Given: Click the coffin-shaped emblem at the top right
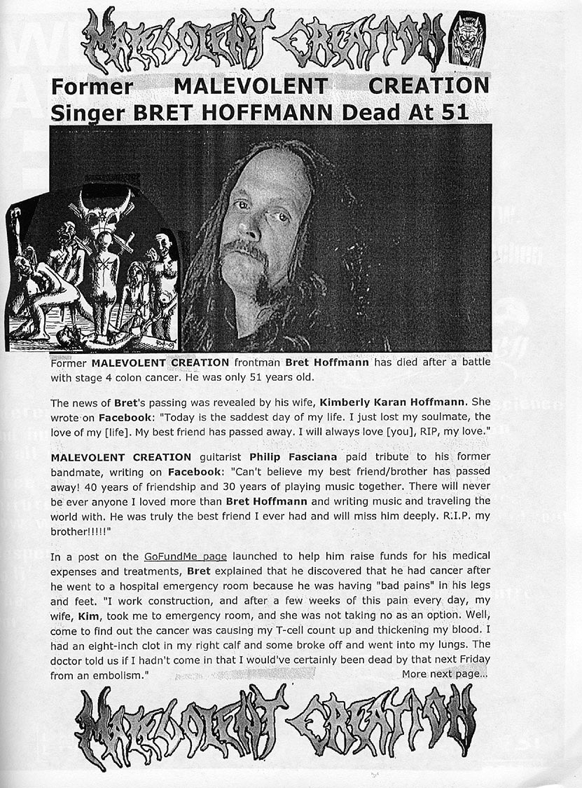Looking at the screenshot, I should coord(467,39).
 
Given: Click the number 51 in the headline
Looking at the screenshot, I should coord(453,112).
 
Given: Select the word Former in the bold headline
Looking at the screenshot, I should coord(92,86).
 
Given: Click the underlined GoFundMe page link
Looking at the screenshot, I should coord(185,557).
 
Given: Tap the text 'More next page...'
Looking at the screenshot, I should coord(445,674).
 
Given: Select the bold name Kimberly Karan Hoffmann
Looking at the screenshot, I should coord(395,403).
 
